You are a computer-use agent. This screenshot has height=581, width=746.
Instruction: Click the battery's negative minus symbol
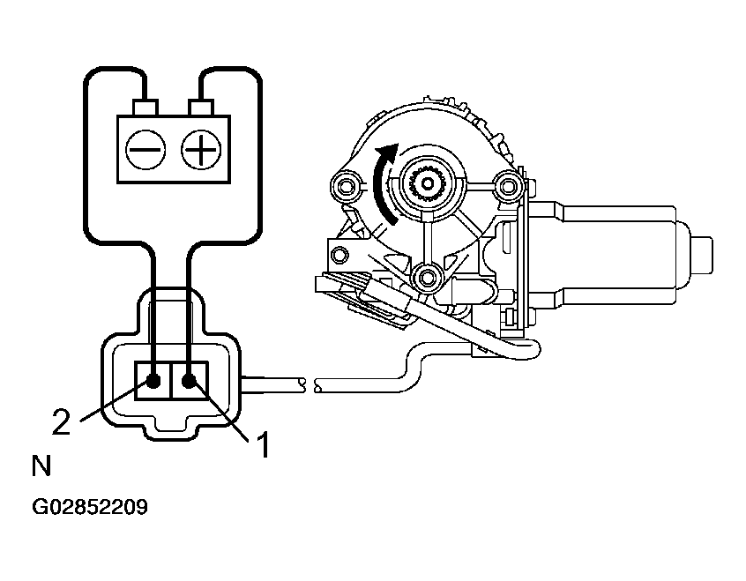[x=144, y=151]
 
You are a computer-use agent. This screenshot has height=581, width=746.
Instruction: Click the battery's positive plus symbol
[x=201, y=151]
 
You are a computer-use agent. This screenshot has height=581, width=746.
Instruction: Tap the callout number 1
[x=262, y=444]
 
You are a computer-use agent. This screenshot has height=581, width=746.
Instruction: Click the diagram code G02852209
[x=90, y=508]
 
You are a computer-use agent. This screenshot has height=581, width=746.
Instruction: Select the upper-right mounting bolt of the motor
[x=506, y=185]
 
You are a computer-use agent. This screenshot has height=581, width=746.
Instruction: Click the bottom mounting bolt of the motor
[x=429, y=278]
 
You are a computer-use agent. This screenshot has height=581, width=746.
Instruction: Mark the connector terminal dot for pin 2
[x=154, y=382]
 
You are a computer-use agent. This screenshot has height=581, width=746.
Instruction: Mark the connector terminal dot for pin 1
[x=189, y=382]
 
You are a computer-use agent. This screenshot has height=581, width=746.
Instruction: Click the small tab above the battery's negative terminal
[x=144, y=108]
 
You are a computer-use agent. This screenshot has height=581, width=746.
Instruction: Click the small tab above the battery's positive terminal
[x=202, y=108]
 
